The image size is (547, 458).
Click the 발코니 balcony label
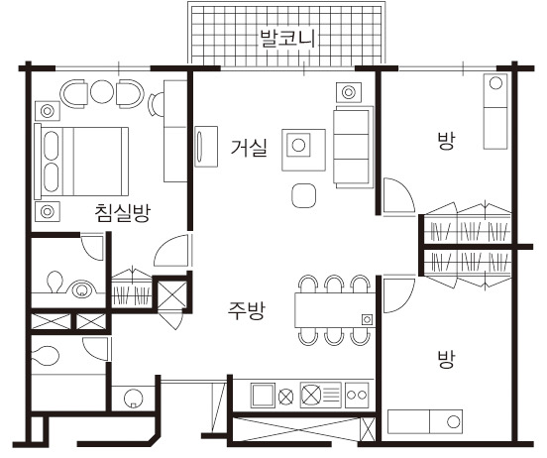tap(287, 38)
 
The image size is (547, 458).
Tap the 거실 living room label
tap(249, 147)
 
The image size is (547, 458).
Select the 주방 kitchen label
tap(247, 310)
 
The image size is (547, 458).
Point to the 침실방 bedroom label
tap(123, 212)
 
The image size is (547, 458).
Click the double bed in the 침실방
tap(81, 162)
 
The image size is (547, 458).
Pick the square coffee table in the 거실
tap(303, 150)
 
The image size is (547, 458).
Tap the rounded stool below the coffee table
tap(304, 195)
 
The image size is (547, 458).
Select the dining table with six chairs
tap(335, 310)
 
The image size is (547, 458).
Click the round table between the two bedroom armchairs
tap(102, 92)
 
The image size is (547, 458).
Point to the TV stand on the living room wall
tap(206, 147)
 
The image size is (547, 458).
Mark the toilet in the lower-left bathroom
tap(45, 355)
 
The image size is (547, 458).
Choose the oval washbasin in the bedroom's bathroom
tap(82, 289)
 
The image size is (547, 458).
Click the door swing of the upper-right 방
tap(398, 195)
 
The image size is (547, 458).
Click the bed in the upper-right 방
tap(495, 111)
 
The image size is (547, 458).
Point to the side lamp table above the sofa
tap(349, 92)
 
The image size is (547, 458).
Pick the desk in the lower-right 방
tap(425, 421)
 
